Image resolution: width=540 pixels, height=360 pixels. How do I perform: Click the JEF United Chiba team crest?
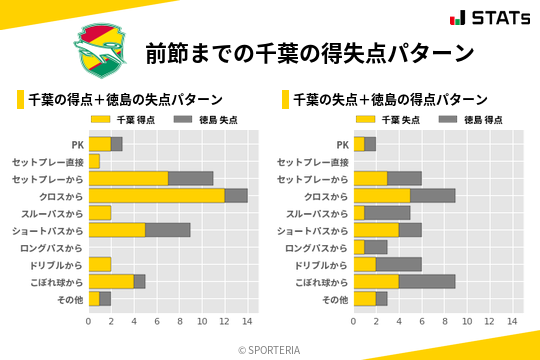tap(102, 50)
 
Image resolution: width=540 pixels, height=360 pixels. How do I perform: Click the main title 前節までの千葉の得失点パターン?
tap(309, 52)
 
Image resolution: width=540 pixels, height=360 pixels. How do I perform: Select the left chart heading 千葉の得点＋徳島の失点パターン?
tap(125, 100)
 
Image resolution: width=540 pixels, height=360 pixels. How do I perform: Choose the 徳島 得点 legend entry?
tap(464, 120)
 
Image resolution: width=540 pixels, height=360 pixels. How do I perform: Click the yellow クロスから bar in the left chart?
tap(156, 196)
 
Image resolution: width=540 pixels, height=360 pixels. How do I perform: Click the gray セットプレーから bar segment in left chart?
tap(190, 179)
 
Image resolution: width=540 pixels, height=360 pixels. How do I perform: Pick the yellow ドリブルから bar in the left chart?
tap(100, 264)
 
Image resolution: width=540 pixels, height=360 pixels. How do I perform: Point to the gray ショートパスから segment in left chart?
tap(168, 230)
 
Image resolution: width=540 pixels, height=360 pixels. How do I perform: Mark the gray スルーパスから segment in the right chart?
tap(387, 213)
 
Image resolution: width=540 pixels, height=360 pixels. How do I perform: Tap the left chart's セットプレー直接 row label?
tap(47, 162)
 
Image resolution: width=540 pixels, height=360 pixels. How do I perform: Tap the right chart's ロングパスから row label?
tap(316, 247)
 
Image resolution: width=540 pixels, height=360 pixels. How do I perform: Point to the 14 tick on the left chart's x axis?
tap(247, 322)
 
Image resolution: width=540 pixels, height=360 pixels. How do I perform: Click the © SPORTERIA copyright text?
tap(270, 349)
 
